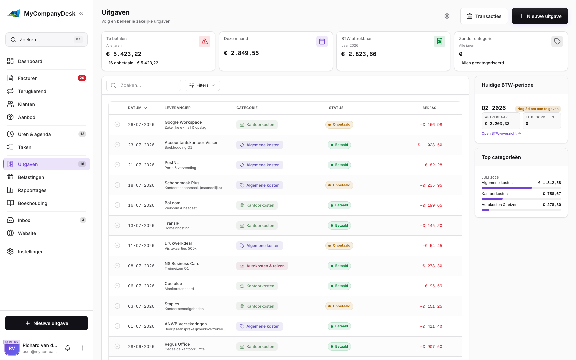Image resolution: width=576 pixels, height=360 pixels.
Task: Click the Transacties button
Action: [x=484, y=16]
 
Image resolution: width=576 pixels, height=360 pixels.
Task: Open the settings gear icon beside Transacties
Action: [x=447, y=16]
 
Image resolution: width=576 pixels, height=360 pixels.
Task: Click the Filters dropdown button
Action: [x=202, y=85]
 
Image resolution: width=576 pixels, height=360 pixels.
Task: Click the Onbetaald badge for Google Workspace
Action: [x=339, y=125]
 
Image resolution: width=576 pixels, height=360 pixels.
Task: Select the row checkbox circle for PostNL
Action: [x=117, y=165]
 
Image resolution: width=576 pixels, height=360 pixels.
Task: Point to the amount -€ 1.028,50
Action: [x=429, y=145]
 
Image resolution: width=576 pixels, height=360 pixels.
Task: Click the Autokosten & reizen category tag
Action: [x=262, y=266]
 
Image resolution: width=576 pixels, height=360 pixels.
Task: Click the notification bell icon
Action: [x=68, y=348]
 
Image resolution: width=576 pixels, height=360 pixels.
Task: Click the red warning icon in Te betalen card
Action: [x=205, y=41]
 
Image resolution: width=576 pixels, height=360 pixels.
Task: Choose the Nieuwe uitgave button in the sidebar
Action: [x=46, y=323]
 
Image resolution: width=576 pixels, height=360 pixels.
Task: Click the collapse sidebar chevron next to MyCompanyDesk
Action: [x=81, y=13]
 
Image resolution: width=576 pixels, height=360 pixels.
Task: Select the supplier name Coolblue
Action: [x=173, y=284]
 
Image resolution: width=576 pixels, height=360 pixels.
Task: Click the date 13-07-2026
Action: [x=141, y=226]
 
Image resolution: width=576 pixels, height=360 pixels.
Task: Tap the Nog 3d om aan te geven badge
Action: [x=538, y=109]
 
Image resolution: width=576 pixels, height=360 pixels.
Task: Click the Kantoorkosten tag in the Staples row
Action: [x=257, y=306]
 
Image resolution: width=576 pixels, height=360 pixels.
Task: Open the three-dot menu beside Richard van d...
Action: [x=82, y=348]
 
